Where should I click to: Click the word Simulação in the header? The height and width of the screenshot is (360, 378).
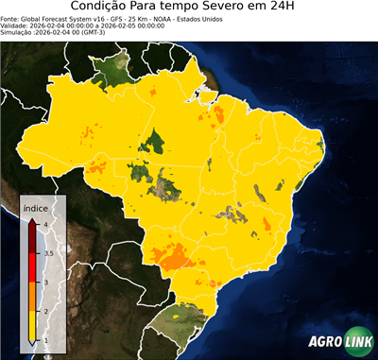click(16, 32)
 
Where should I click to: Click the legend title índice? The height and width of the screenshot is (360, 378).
click(35, 207)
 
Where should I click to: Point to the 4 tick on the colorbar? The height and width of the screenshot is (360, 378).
click(45, 224)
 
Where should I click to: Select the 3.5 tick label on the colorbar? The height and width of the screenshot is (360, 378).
click(48, 253)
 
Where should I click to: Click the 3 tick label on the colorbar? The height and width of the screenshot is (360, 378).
click(45, 282)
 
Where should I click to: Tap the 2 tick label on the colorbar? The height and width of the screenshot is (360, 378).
click(45, 311)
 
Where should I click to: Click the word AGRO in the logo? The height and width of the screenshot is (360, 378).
click(323, 341)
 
